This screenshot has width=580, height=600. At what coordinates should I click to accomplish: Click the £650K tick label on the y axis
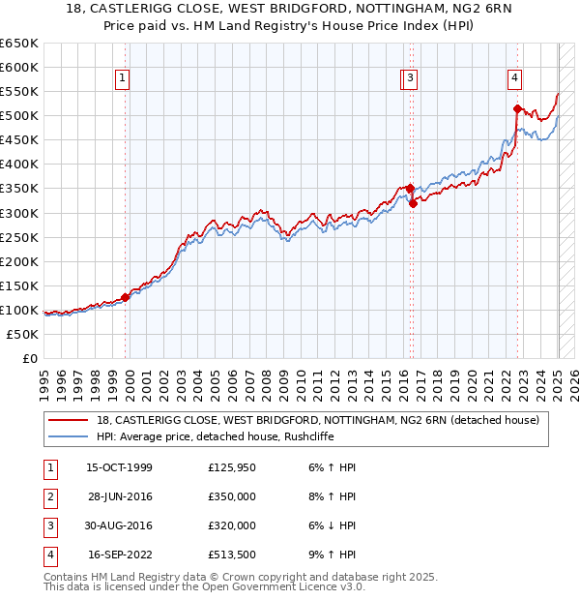[x=19, y=44]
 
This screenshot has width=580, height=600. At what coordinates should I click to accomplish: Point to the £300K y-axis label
[x=19, y=213]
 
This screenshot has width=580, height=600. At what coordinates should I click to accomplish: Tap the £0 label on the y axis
[x=30, y=359]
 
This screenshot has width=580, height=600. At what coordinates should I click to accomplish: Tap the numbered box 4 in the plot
[x=515, y=78]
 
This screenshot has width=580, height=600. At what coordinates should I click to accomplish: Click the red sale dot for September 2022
[x=517, y=108]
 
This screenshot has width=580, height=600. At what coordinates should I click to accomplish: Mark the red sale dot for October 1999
[x=126, y=297]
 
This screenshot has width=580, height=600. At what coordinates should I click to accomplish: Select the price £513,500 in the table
[x=232, y=555]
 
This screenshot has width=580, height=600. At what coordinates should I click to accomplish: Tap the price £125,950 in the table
[x=232, y=467]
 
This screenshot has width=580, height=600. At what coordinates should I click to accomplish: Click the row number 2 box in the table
[x=48, y=496]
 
